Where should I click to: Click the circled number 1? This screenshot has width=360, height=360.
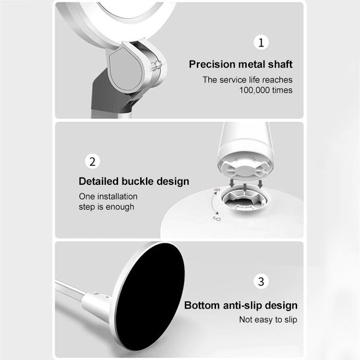click(261, 43)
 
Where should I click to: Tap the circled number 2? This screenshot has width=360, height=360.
click(93, 160)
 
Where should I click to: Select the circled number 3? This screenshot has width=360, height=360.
click(261, 281)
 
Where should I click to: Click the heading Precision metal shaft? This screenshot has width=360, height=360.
click(240, 64)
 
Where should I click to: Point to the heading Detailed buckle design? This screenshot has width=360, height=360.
click(134, 181)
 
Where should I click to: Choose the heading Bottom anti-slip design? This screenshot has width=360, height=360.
click(241, 306)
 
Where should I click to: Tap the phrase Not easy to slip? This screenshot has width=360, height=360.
click(268, 320)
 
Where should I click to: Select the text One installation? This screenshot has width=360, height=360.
click(108, 196)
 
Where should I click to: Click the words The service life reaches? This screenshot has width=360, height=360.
click(247, 80)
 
